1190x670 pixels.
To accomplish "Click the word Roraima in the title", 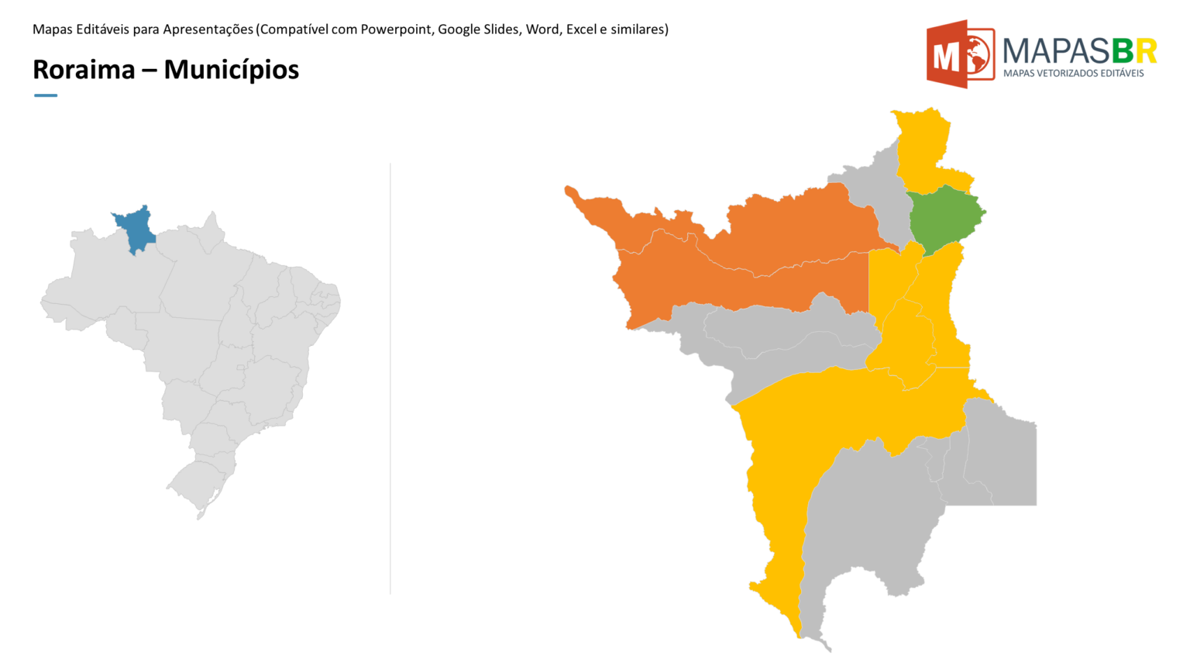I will tap(84, 70).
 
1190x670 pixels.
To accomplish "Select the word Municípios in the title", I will tap(231, 71).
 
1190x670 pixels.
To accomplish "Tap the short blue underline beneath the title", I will tap(46, 95).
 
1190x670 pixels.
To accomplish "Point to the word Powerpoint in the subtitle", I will tap(395, 29).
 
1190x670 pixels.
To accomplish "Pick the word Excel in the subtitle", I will tap(581, 29).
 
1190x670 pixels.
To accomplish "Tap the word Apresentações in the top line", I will tap(208, 29).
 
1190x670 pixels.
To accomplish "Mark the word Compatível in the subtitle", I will tap(294, 29).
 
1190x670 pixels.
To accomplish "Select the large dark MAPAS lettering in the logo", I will tap(1057, 51).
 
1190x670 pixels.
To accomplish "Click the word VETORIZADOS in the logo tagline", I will tap(1068, 73).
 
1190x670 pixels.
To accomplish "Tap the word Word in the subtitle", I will tap(542, 29).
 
